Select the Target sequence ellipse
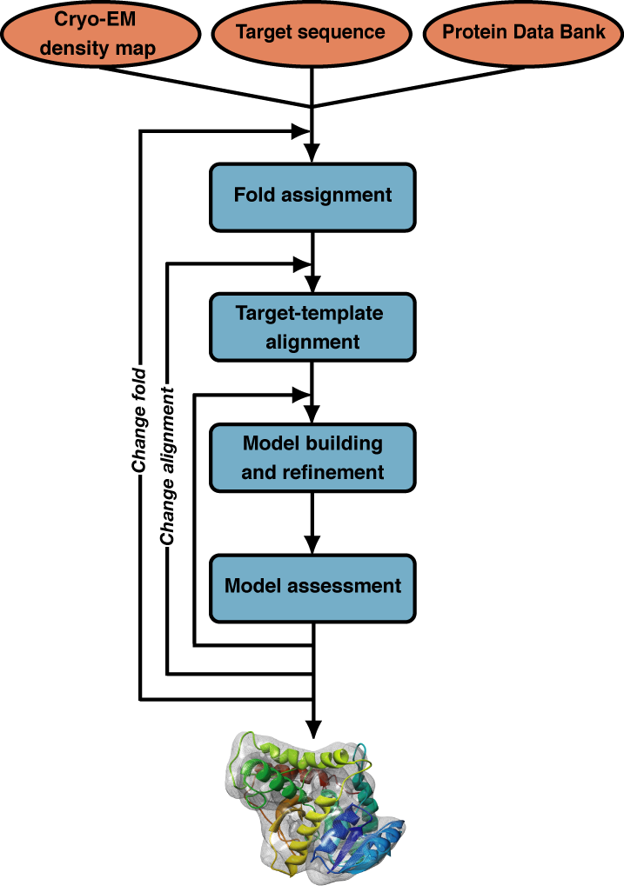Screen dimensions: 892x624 [x=312, y=33]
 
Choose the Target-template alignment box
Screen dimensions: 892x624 [x=312, y=327]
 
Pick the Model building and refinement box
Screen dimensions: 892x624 [x=312, y=458]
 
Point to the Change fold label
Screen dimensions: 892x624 [x=139, y=422]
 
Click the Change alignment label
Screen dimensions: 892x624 [x=167, y=467]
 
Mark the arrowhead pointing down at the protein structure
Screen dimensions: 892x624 [x=312, y=727]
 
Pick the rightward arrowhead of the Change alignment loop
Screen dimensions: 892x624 [x=303, y=263]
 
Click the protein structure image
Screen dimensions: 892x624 [x=315, y=804]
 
